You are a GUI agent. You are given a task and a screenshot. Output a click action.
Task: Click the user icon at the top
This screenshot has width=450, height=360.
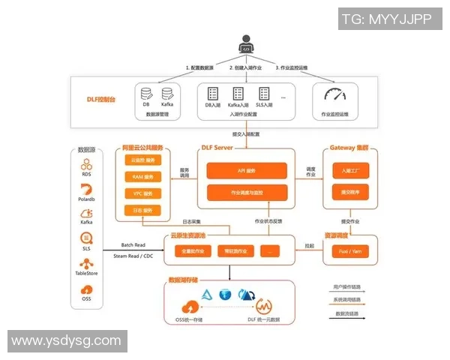click(245, 44)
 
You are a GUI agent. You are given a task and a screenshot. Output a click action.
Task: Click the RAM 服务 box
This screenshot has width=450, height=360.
click(142, 177)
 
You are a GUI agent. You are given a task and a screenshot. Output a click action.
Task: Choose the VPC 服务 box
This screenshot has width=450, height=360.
click(142, 193)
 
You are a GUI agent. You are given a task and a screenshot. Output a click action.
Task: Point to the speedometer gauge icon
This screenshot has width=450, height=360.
click(334, 95)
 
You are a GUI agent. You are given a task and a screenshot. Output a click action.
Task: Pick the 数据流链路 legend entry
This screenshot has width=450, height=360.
click(347, 313)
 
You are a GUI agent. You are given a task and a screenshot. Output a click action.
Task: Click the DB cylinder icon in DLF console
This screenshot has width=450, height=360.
click(146, 94)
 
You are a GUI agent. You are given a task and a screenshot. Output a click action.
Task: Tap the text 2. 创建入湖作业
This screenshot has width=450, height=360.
click(245, 67)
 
